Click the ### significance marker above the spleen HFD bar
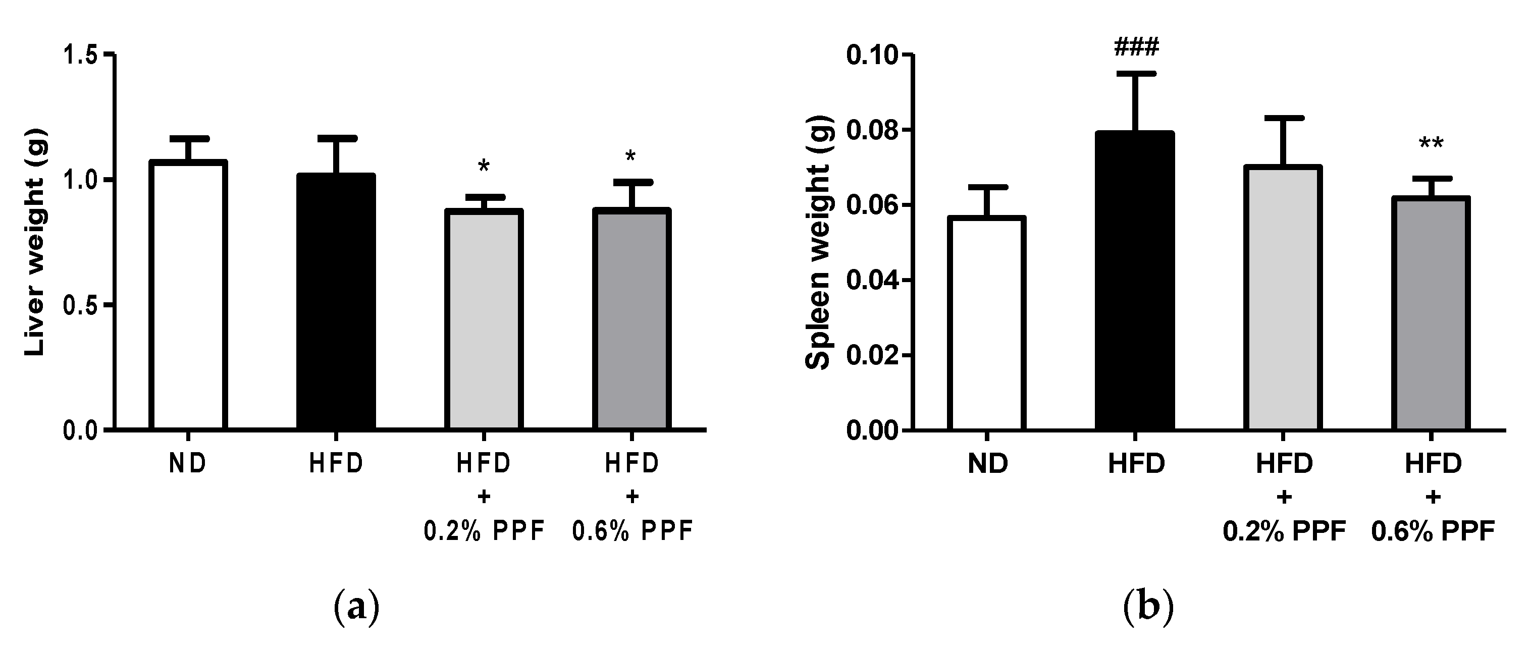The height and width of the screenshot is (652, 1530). pos(1136,47)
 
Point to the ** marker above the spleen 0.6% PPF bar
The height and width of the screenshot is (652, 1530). pos(1431,144)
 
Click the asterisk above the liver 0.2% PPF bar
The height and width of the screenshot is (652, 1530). pos(484,166)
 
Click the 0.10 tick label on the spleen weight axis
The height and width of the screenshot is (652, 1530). pos(871,55)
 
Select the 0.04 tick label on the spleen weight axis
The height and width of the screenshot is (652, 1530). pos(871,280)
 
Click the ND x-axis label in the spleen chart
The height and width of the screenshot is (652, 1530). pos(987,464)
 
